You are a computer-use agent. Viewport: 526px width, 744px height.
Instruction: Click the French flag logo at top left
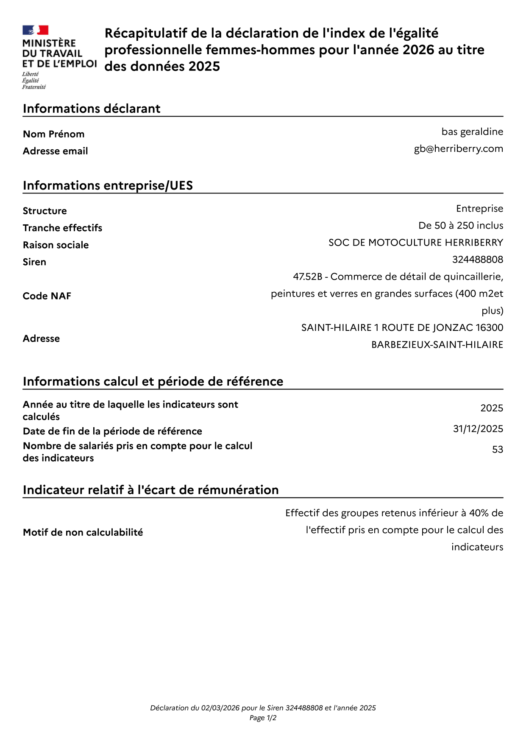(35, 30)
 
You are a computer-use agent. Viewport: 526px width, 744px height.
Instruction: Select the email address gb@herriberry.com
(458, 149)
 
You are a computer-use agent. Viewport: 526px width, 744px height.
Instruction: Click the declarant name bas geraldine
(472, 132)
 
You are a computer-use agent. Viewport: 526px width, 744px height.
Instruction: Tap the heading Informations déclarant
(92, 109)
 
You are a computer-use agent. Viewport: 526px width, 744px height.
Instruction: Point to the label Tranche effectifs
(62, 228)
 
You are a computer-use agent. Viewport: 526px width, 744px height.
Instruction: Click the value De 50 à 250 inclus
(461, 226)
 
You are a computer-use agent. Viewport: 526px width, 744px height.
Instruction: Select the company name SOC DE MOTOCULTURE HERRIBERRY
(415, 243)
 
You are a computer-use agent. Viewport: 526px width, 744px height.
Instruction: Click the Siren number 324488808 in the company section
(477, 260)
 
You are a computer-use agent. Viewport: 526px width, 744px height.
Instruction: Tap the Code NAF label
(47, 296)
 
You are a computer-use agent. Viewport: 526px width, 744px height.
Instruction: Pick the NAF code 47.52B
(307, 277)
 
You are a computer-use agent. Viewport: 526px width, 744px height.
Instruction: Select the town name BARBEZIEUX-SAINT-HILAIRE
(437, 345)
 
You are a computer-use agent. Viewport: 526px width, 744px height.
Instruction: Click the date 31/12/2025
(478, 429)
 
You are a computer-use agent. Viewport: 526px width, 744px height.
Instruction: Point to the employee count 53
(497, 450)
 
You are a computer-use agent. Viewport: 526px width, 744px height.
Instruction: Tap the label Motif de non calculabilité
(83, 532)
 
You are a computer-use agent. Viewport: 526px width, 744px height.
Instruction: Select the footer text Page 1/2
(263, 718)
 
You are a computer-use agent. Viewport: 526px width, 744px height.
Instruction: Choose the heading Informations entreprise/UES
(108, 186)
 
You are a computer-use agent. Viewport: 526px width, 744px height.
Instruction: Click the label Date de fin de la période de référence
(112, 431)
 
